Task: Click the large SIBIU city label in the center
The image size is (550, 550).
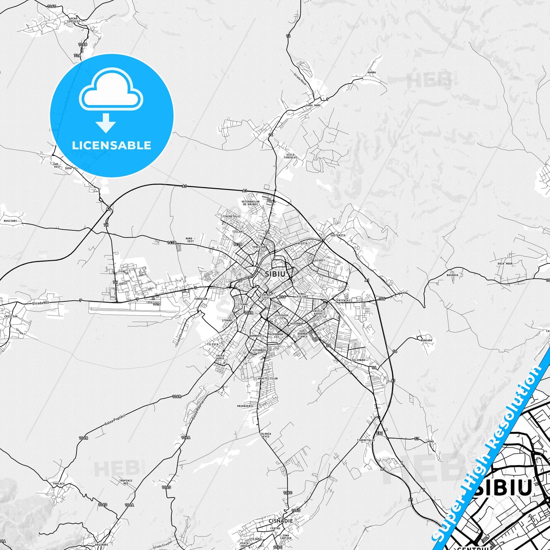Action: point(275,274)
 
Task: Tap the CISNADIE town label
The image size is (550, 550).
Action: point(281,521)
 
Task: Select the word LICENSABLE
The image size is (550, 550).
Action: point(112,145)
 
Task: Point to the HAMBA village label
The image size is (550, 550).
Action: point(371,72)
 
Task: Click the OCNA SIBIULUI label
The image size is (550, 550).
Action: point(74,20)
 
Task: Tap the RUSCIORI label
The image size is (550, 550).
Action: point(10,221)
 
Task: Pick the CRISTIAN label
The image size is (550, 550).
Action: point(11,316)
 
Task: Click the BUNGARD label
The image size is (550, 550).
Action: point(426,340)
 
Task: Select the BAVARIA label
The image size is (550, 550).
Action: point(453,275)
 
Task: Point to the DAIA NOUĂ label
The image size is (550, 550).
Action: point(505,263)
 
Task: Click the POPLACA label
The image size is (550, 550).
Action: point(59,484)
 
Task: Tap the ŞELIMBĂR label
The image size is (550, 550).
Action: point(358,360)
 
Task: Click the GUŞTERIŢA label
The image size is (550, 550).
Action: point(338,235)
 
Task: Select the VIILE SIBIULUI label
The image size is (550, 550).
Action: point(290,156)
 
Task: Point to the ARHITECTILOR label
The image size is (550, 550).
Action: point(268,379)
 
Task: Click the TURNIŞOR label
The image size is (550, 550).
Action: point(201,299)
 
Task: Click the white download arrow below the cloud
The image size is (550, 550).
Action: point(106,123)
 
